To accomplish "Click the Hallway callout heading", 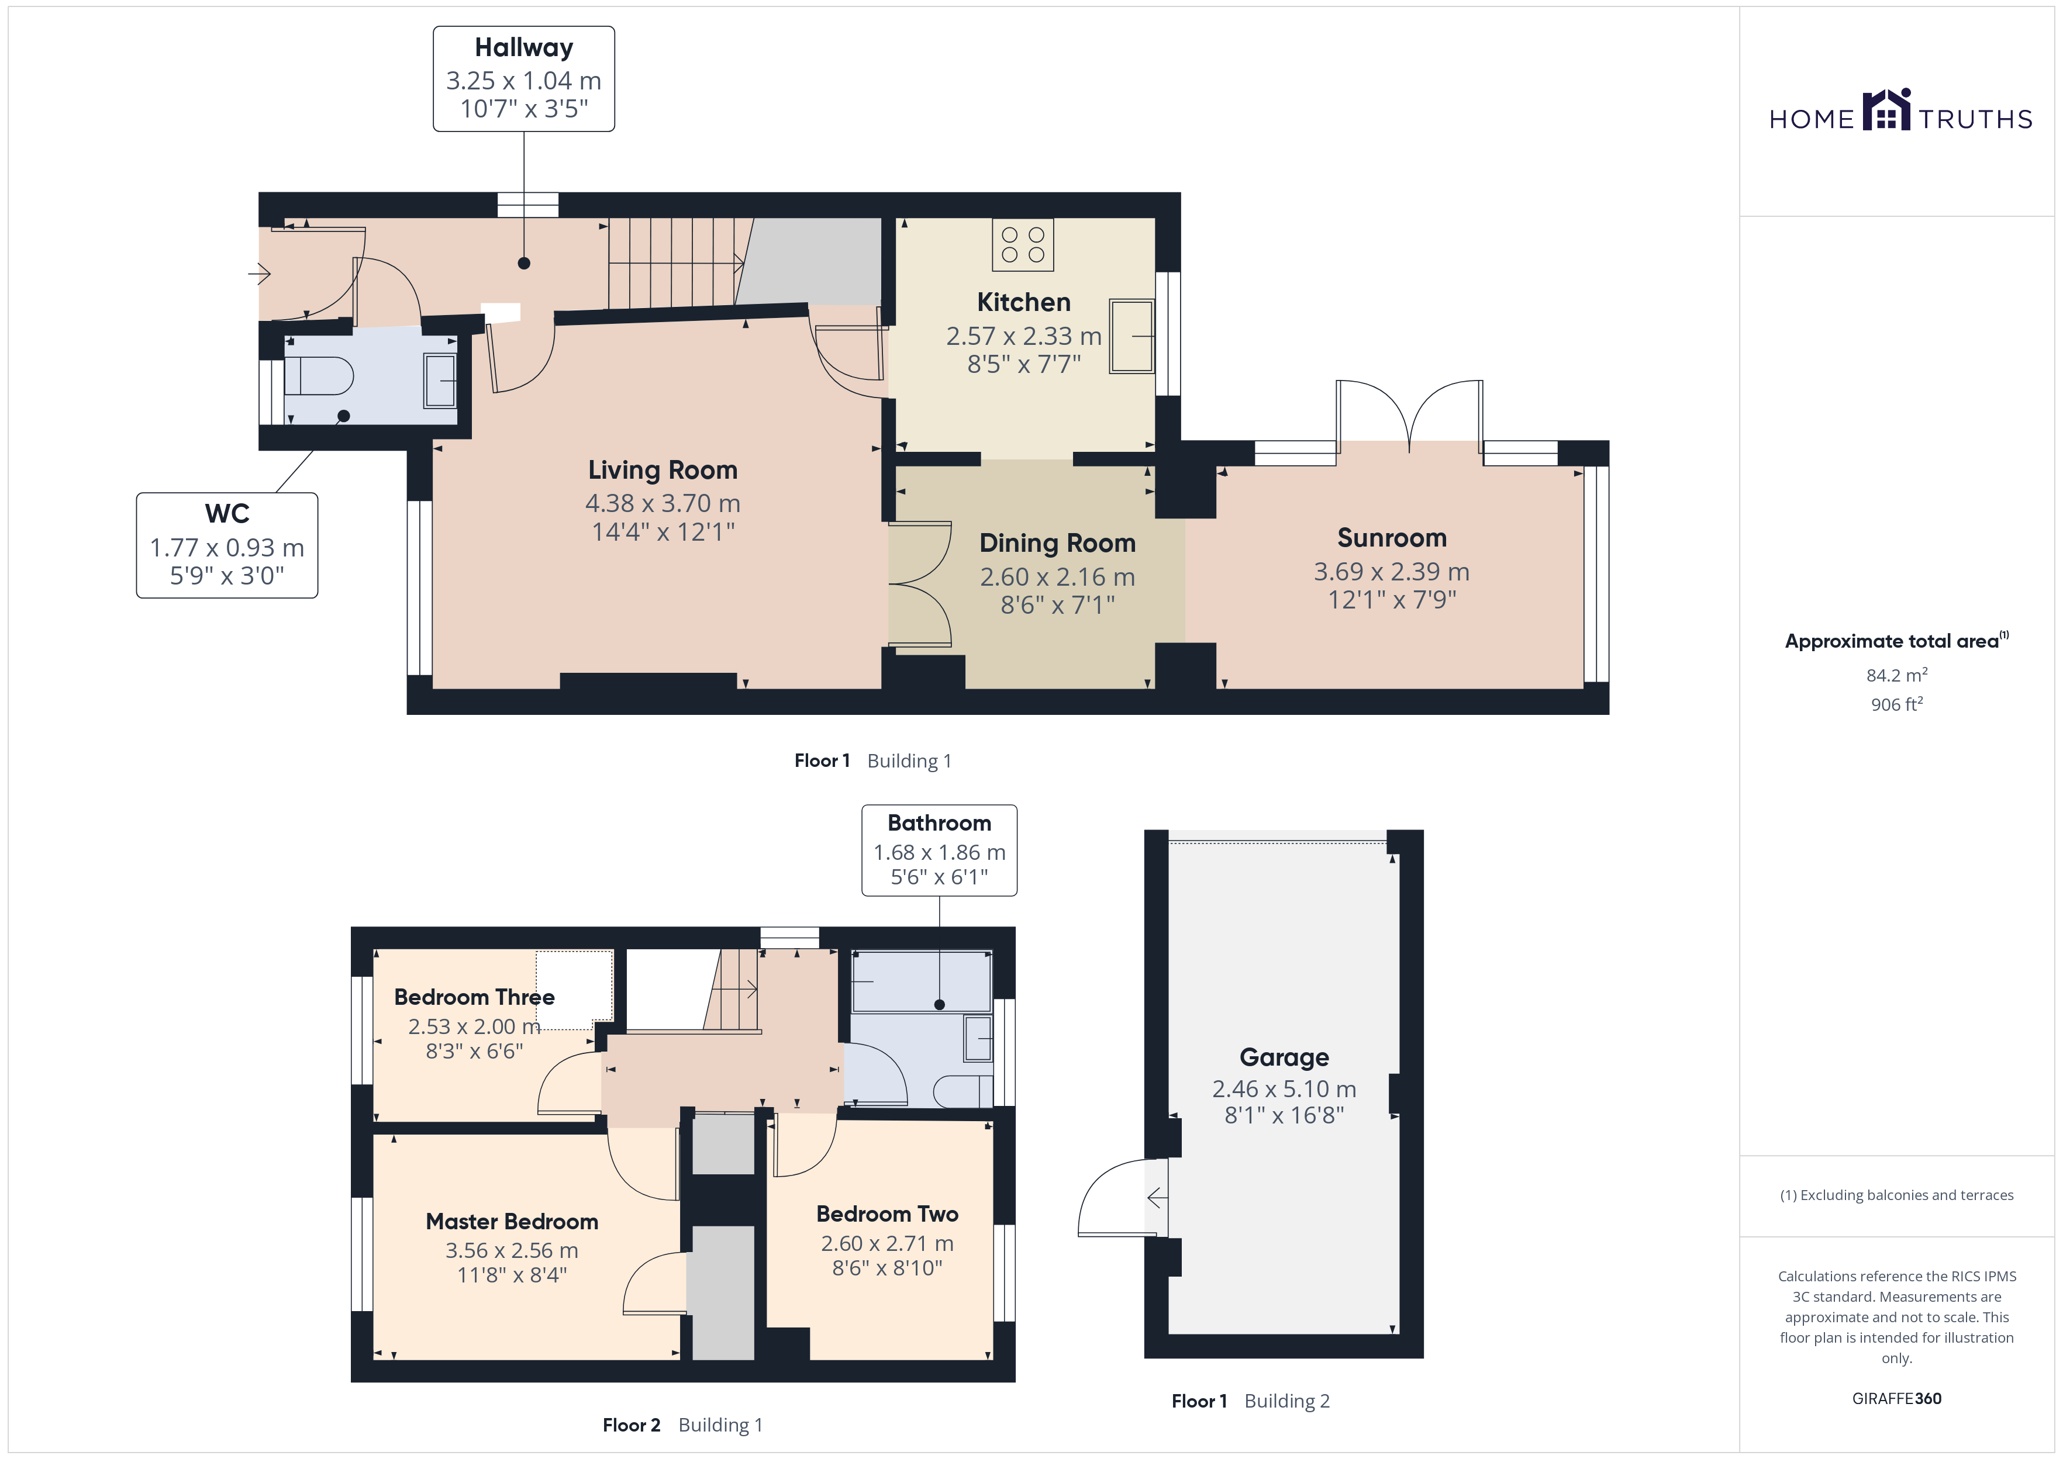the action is [524, 47].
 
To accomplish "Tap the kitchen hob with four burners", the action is [1023, 244].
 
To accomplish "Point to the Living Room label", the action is [663, 470].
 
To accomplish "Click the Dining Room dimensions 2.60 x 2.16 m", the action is [1058, 577].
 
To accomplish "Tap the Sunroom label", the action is [1392, 538].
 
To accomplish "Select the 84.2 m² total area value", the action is [1897, 675].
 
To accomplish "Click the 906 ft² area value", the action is [1897, 704].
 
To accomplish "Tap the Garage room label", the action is [1284, 1057].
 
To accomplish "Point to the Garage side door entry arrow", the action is [1157, 1198].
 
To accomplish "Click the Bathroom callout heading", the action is [939, 823].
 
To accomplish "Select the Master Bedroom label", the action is [512, 1222].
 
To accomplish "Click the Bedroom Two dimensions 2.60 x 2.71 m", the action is [887, 1243].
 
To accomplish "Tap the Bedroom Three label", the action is [474, 997].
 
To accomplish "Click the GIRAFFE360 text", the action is [1897, 1399].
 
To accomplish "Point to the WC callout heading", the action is [227, 514].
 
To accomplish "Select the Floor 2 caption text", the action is [632, 1425].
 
